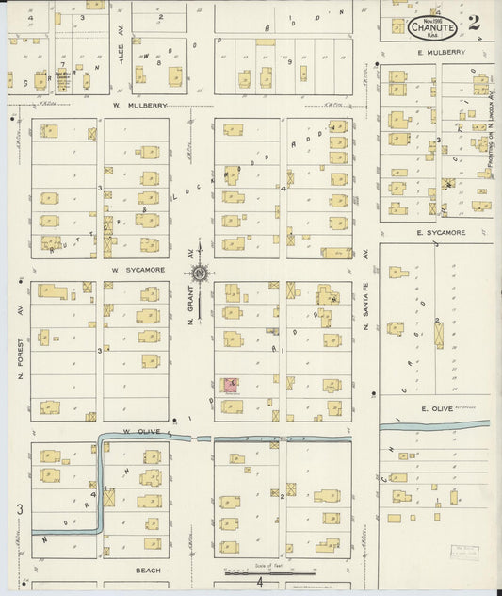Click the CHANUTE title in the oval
click(432, 27)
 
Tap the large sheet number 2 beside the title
click(473, 23)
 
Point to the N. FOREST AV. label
click(19, 348)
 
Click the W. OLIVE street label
click(139, 431)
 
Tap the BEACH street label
click(149, 571)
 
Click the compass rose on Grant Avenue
click(200, 274)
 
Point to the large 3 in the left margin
click(18, 510)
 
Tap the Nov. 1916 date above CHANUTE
click(431, 17)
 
